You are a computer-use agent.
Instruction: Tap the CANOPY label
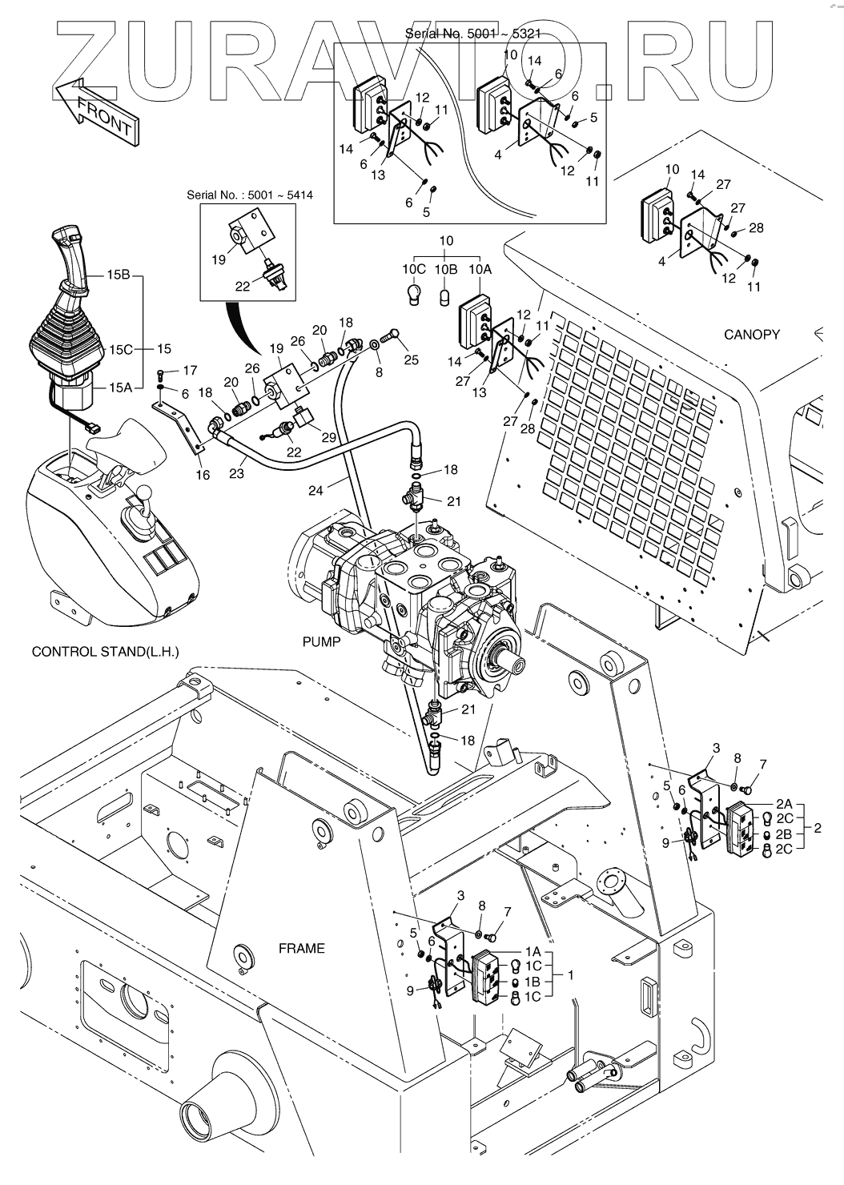[x=750, y=334]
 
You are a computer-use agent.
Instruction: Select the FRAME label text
[x=301, y=948]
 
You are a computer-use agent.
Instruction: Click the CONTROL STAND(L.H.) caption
[x=105, y=652]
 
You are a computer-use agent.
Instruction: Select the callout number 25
[x=411, y=360]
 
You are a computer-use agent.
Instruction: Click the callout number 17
[x=190, y=371]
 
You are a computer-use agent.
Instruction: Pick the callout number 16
[x=203, y=475]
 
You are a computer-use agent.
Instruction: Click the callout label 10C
[x=414, y=270]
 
